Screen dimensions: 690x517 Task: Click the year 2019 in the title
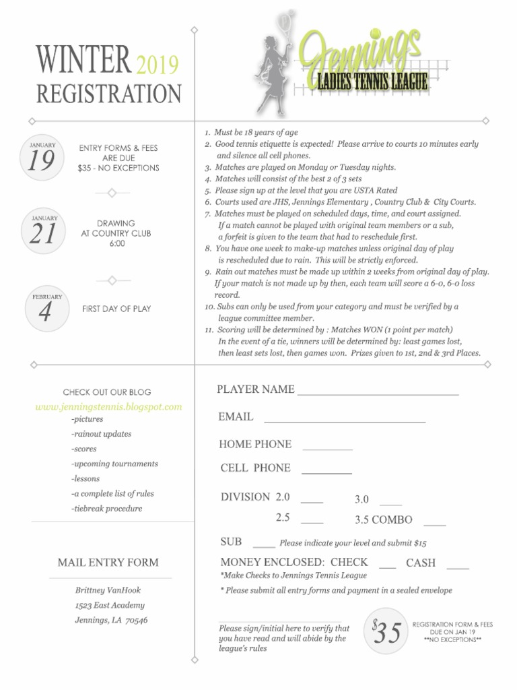click(158, 65)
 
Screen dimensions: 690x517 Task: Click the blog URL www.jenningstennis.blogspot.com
click(108, 407)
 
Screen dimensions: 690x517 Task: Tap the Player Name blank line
click(378, 393)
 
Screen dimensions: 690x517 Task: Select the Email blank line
click(345, 421)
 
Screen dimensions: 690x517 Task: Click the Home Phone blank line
click(327, 448)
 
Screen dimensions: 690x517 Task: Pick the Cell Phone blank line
click(326, 472)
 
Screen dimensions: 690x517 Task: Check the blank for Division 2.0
click(312, 502)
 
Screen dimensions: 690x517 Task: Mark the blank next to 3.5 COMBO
click(434, 524)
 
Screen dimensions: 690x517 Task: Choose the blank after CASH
click(458, 567)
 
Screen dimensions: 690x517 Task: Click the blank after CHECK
click(387, 567)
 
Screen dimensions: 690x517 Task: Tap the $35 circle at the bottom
click(386, 631)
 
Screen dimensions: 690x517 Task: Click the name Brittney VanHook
click(108, 590)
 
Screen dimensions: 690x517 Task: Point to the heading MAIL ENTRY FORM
click(108, 562)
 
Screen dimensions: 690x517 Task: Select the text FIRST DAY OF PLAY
click(116, 309)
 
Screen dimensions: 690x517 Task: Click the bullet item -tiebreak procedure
click(107, 509)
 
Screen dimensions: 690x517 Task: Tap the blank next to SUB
click(264, 546)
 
